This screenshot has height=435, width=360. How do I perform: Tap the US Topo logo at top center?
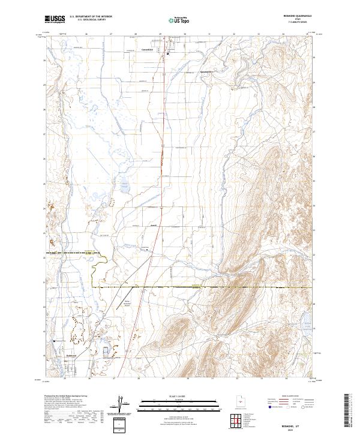(x=172, y=20)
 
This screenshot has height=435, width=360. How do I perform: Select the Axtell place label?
(x=153, y=226)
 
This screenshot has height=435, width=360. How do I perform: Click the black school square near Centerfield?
(x=168, y=53)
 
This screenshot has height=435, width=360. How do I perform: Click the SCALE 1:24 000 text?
(x=179, y=395)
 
